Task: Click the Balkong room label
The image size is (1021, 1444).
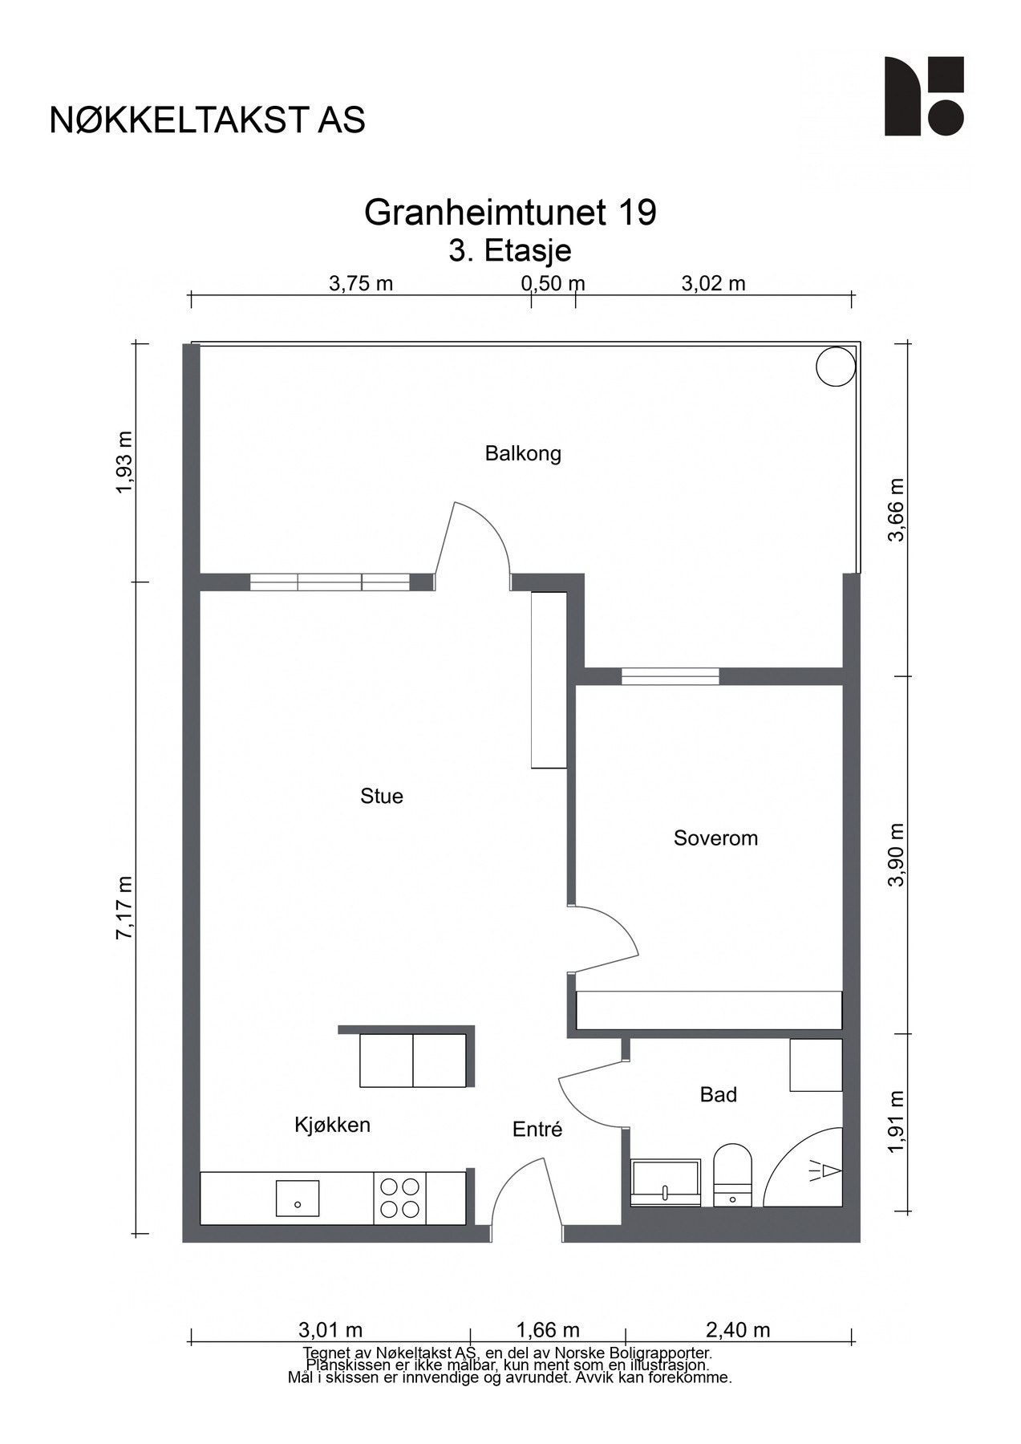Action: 523,454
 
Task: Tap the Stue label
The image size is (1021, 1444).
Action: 382,797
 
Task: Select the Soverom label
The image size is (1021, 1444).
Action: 715,838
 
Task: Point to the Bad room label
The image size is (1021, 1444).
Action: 719,1095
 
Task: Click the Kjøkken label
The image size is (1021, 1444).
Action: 332,1126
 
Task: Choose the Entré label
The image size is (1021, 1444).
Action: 537,1130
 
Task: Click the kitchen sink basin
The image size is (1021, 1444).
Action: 298,1198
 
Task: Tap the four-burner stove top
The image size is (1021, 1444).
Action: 399,1198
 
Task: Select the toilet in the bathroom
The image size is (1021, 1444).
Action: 732,1175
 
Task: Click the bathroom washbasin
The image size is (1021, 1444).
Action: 666,1182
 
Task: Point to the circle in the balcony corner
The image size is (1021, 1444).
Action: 835,367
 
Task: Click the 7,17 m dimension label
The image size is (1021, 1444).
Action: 125,907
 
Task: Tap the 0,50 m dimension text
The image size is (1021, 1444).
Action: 553,283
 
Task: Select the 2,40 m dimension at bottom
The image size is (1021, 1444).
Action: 738,1330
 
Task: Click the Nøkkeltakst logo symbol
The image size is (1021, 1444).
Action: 924,96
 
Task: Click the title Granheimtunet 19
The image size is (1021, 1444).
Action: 510,213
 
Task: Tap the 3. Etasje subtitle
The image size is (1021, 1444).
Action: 510,250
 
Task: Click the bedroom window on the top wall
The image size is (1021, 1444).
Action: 671,676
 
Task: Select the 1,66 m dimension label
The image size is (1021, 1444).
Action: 548,1330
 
